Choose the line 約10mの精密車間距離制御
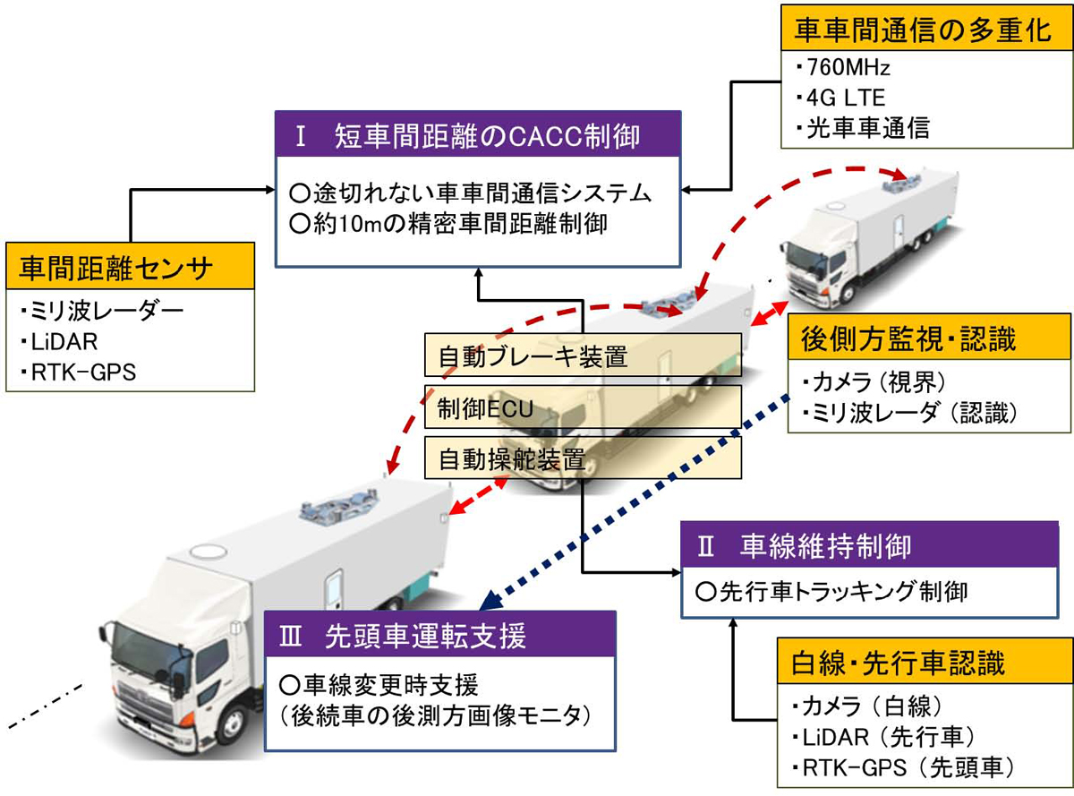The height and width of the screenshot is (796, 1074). click(x=448, y=223)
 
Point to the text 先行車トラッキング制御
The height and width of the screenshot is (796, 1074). click(x=831, y=591)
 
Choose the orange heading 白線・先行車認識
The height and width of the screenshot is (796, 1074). click(x=899, y=663)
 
